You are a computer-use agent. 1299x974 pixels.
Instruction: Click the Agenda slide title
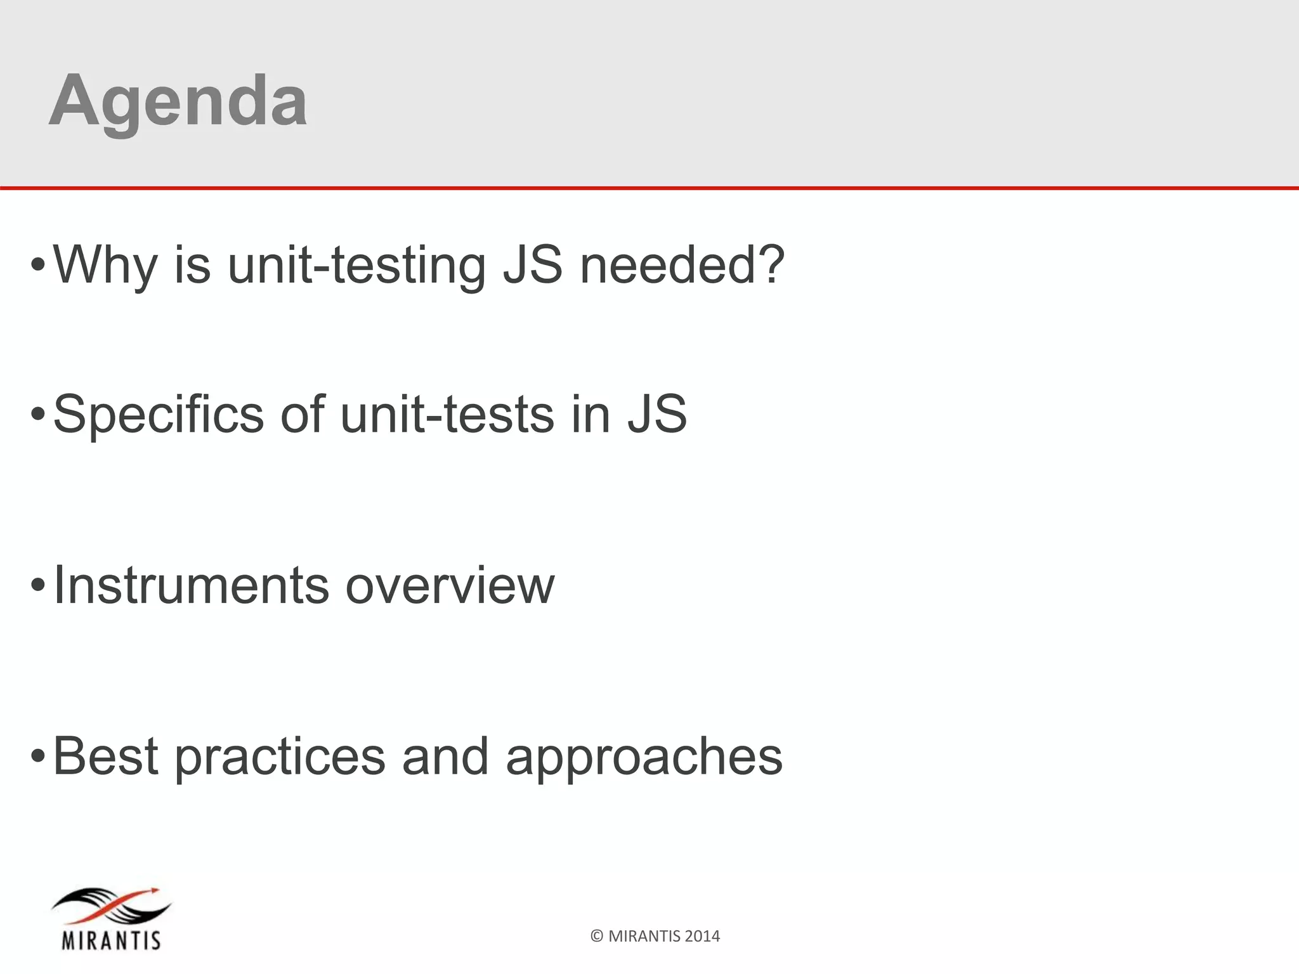tap(178, 101)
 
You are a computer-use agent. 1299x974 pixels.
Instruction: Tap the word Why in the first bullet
tap(105, 265)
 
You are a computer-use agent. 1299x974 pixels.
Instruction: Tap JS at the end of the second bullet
tap(657, 415)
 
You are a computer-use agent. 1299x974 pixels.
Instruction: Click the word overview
tap(450, 585)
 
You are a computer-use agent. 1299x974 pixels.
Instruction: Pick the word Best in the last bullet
tap(105, 756)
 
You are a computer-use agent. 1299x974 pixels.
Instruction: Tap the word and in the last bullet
tap(445, 756)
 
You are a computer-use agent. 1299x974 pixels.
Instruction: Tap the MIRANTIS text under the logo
tap(111, 939)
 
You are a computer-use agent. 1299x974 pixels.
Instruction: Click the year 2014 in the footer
tap(702, 937)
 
